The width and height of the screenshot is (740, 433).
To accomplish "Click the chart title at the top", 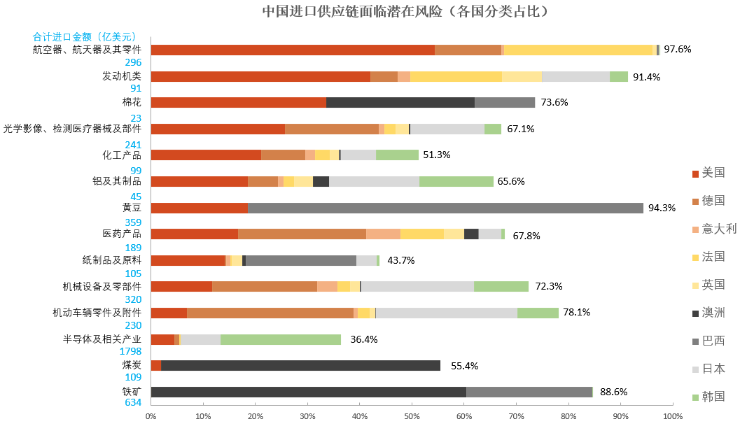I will click(405, 12).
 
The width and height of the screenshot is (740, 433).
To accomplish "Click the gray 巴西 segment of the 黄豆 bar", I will click(445, 208).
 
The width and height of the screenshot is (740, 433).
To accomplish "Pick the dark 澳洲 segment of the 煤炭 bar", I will click(300, 365).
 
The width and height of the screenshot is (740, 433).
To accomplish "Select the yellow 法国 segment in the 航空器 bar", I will click(578, 50).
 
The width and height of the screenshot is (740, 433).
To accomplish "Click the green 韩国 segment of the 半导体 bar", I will click(281, 339).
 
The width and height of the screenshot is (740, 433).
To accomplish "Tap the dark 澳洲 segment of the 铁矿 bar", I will click(308, 392).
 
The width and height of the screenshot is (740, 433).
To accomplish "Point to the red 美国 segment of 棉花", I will click(238, 102).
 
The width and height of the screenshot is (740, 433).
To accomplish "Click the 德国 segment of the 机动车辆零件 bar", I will click(270, 313).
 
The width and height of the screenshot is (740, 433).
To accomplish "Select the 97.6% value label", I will click(678, 50).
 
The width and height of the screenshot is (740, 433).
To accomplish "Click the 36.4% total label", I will click(364, 339).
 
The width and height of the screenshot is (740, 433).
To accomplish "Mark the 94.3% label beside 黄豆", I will click(662, 208).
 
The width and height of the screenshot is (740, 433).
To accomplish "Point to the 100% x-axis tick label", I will click(673, 417).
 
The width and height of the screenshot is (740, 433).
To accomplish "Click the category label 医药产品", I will click(122, 234).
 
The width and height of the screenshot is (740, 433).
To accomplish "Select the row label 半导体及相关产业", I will click(102, 339).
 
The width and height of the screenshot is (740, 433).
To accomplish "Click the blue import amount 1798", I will click(131, 351).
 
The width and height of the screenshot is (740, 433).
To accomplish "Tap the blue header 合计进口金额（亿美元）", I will click(84, 36).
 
